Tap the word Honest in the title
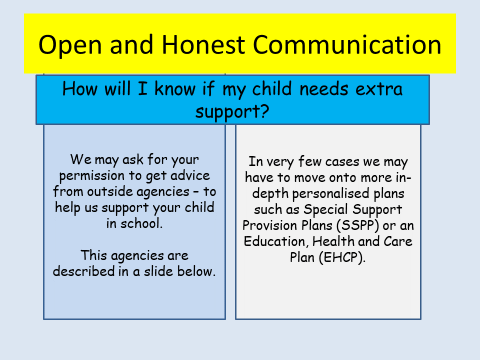(x=203, y=45)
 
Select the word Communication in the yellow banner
(x=347, y=45)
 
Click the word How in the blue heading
(x=80, y=89)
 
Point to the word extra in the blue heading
(x=378, y=89)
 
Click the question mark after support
(x=265, y=111)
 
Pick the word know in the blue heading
(x=175, y=89)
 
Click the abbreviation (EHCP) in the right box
(x=342, y=257)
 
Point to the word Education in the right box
(x=274, y=241)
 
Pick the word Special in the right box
(x=325, y=210)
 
